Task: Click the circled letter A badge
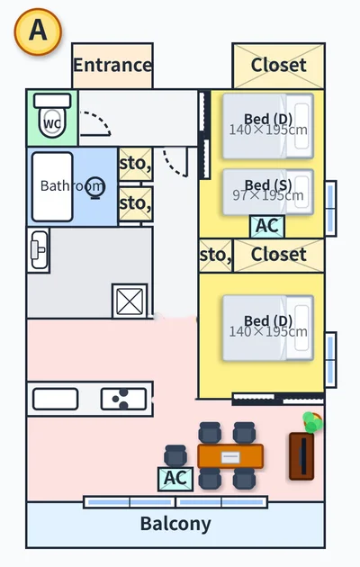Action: pyautogui.click(x=38, y=31)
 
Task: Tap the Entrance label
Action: pyautogui.click(x=112, y=65)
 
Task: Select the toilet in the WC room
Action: pyautogui.click(x=52, y=116)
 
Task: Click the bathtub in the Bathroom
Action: pyautogui.click(x=52, y=186)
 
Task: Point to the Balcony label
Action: pyautogui.click(x=175, y=524)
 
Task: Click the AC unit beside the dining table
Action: pyautogui.click(x=175, y=479)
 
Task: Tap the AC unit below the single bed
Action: pyautogui.click(x=267, y=227)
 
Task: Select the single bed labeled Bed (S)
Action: pyautogui.click(x=268, y=192)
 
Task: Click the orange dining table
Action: pyautogui.click(x=230, y=456)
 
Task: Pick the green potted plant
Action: pyautogui.click(x=312, y=422)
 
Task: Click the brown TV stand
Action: pyautogui.click(x=301, y=456)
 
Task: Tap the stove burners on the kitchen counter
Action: pyautogui.click(x=123, y=399)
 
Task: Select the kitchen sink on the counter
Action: pyautogui.click(x=55, y=399)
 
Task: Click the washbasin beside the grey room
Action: pyautogui.click(x=39, y=250)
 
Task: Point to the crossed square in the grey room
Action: pyautogui.click(x=130, y=301)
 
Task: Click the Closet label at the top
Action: pyautogui.click(x=278, y=65)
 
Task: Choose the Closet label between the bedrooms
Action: pyautogui.click(x=278, y=255)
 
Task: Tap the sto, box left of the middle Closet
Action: pyautogui.click(x=215, y=256)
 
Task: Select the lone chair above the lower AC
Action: pyautogui.click(x=175, y=455)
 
